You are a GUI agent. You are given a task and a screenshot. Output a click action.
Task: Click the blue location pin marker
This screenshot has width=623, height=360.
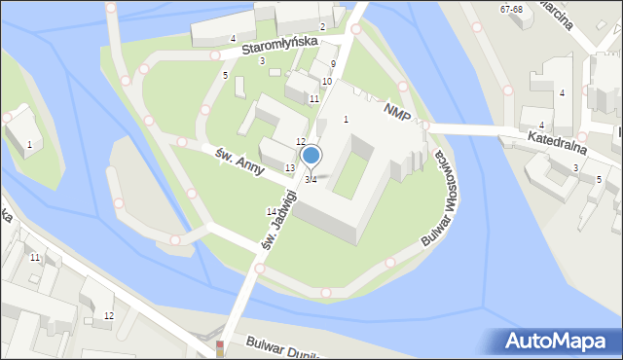(x=311, y=155)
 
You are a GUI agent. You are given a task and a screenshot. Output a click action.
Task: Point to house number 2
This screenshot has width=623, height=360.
(x=322, y=26)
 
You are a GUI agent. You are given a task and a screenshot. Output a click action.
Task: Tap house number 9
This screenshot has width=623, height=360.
(x=333, y=64)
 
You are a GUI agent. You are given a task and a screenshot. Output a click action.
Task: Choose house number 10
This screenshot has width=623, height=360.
(x=327, y=81)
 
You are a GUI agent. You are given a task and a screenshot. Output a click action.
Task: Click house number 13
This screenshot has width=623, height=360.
(x=289, y=168)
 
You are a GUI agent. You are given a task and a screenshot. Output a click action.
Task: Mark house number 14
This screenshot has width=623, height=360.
(x=272, y=211)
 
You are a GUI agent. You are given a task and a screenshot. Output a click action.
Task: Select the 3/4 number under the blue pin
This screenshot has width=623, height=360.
(x=311, y=180)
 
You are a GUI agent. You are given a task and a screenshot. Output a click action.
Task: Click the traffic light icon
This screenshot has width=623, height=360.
(x=220, y=347)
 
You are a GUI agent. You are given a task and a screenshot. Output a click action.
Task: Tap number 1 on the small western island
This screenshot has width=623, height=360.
(x=29, y=145)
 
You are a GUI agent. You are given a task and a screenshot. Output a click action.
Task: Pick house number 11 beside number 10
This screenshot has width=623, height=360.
(x=314, y=99)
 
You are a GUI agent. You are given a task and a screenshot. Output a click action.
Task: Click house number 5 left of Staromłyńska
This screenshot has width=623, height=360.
(x=225, y=76)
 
